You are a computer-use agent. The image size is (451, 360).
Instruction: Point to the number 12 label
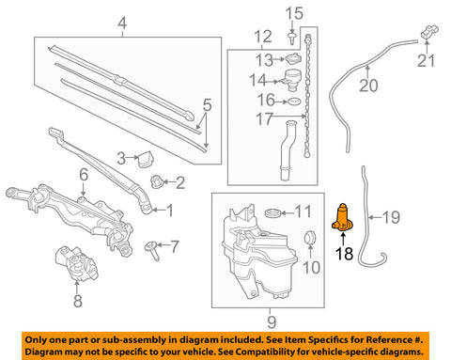pos(263,37)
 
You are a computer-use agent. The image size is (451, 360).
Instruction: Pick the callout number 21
pos(427,62)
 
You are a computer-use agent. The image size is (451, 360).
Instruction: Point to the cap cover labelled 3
pos(146,159)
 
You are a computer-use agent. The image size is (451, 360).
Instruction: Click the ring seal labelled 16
pos(295,98)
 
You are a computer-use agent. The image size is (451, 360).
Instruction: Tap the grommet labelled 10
pos(311,237)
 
